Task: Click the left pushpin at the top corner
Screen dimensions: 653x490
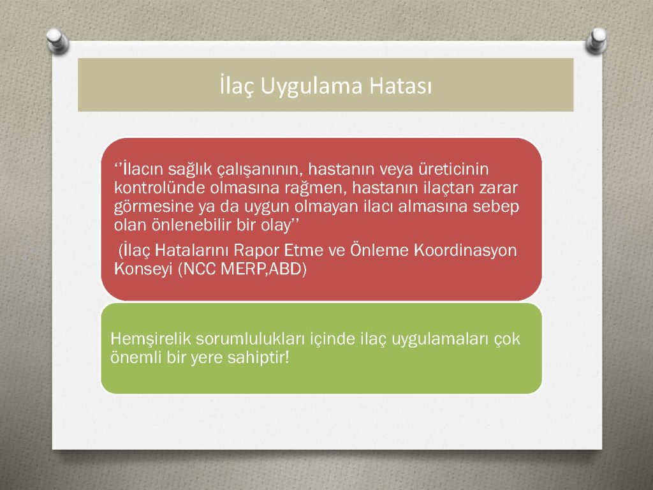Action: tap(57, 41)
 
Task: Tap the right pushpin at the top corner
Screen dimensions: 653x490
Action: tap(596, 40)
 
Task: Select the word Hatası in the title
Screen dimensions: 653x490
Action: tap(400, 86)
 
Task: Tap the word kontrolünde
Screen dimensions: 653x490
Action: tap(159, 188)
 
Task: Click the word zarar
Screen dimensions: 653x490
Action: tap(497, 188)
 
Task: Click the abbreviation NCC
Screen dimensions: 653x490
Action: tap(198, 269)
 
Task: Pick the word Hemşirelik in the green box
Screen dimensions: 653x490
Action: tap(150, 339)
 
